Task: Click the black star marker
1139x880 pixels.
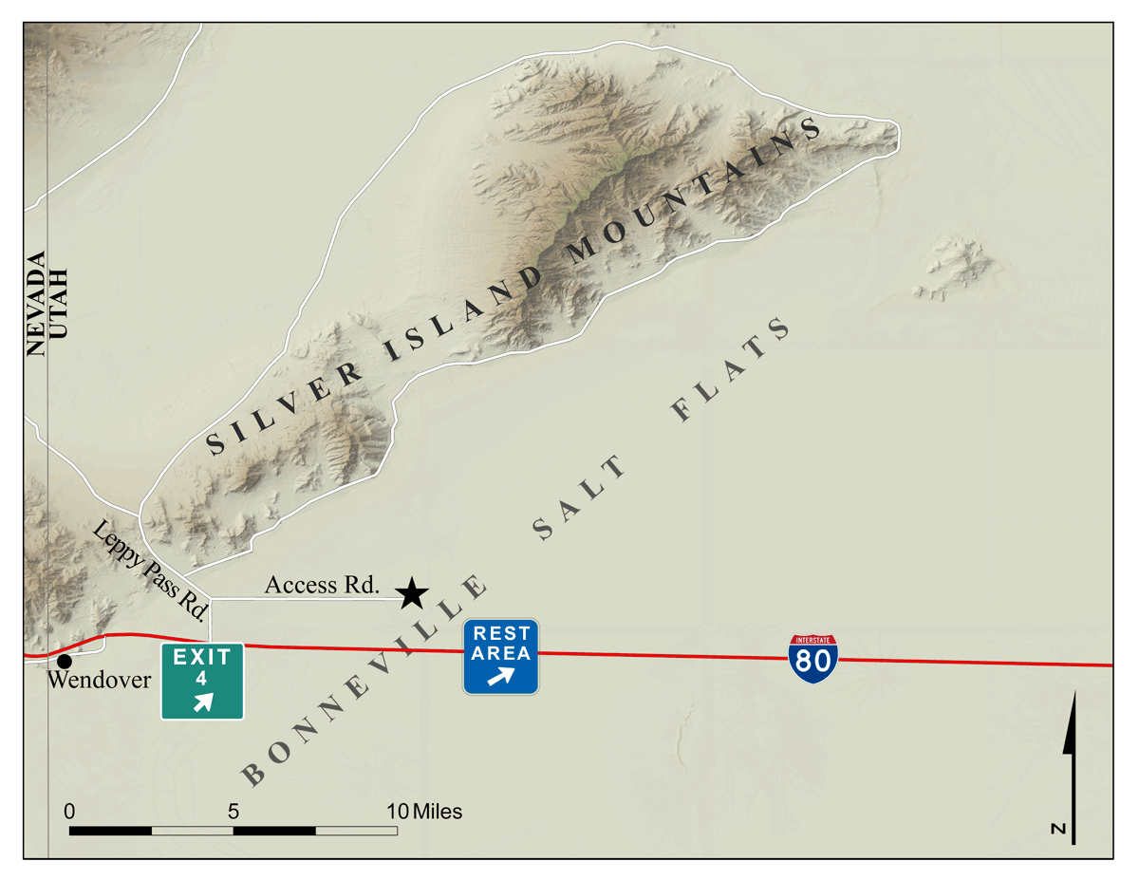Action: (411, 593)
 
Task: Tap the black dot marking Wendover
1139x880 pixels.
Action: (64, 661)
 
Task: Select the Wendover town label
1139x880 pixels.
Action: (98, 681)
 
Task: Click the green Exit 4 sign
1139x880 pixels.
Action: (202, 681)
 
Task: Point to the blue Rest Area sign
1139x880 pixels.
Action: (501, 656)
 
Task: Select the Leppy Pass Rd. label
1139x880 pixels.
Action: (152, 571)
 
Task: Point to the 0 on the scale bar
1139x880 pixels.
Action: (69, 812)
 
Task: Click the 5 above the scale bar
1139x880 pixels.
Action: (233, 812)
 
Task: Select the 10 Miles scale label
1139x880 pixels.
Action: (424, 812)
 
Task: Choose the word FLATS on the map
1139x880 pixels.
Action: (730, 370)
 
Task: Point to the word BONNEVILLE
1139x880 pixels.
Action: (365, 681)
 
